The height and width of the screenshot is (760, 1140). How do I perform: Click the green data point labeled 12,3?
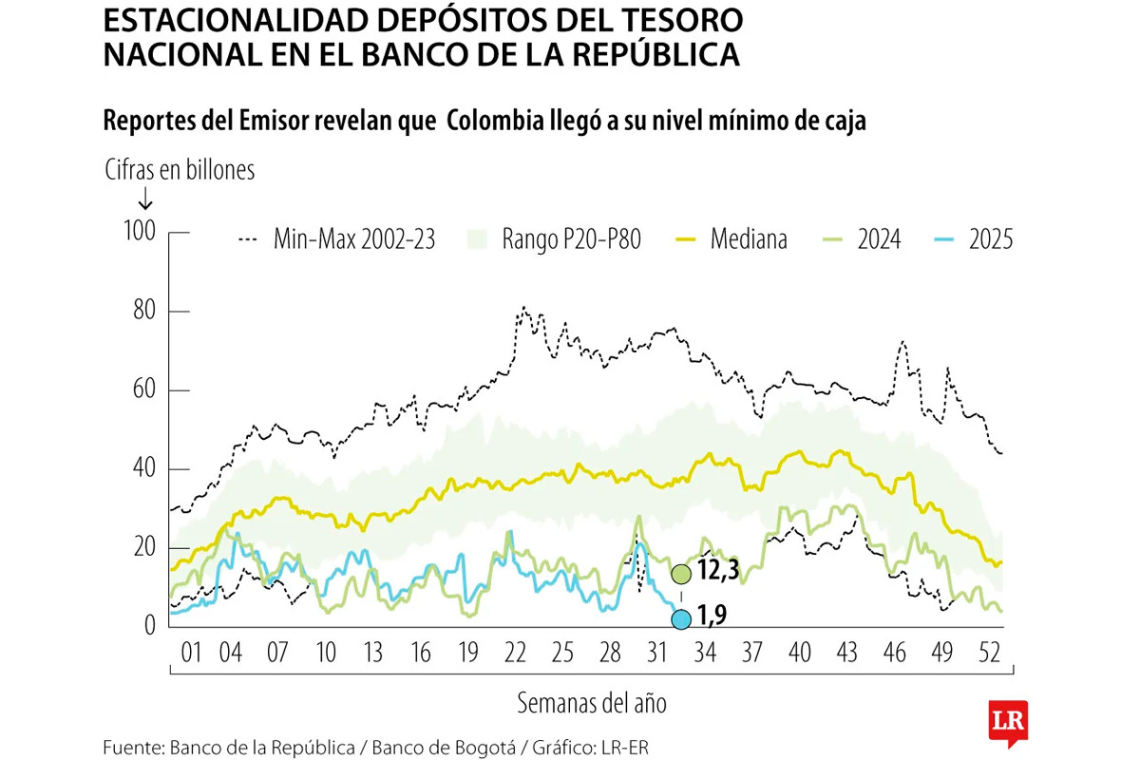point(680,574)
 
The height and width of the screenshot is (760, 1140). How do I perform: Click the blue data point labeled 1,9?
point(680,619)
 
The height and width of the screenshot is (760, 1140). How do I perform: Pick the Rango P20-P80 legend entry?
point(556,238)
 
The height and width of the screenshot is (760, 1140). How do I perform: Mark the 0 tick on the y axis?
point(149,625)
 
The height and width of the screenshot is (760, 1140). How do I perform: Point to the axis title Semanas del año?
point(592,704)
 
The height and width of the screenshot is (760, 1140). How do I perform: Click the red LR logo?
point(1008,724)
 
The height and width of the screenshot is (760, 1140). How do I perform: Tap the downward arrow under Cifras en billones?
point(145,199)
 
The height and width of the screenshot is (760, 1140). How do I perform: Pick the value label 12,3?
point(717,574)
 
